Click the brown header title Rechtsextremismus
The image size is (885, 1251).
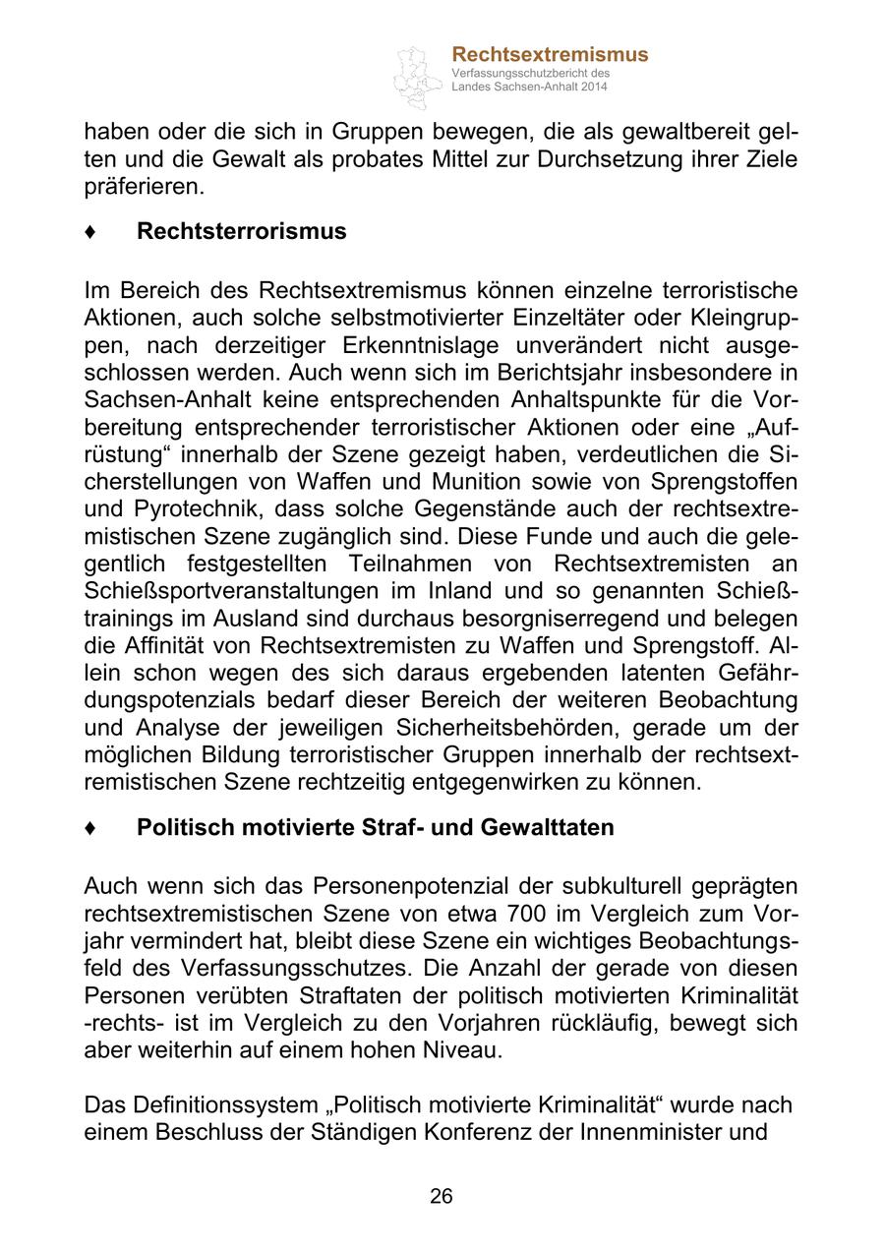(550, 54)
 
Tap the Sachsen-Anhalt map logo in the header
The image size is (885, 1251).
(417, 75)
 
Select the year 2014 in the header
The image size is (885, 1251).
(594, 88)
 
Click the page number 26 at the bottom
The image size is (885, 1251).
(442, 1196)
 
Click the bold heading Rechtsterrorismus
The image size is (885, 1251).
(242, 231)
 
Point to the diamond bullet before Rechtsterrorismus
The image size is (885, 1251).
(90, 232)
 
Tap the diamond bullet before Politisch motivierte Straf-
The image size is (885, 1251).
(90, 828)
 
